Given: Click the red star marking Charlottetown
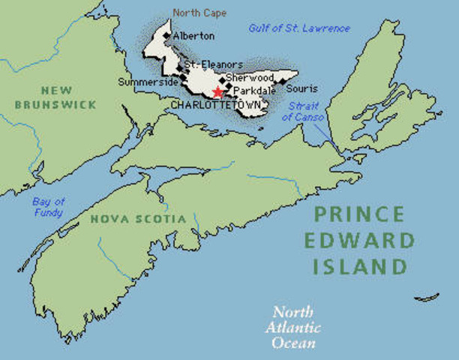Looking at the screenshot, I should [217, 92].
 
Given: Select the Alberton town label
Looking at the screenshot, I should [193, 35].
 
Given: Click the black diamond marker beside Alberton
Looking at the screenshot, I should [168, 35].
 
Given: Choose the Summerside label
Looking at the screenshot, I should [148, 81].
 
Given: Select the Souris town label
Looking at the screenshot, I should [302, 88].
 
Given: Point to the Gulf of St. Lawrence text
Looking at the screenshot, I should [299, 28].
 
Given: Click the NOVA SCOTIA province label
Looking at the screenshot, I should [137, 219].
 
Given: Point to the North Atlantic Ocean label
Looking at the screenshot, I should [293, 327].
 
